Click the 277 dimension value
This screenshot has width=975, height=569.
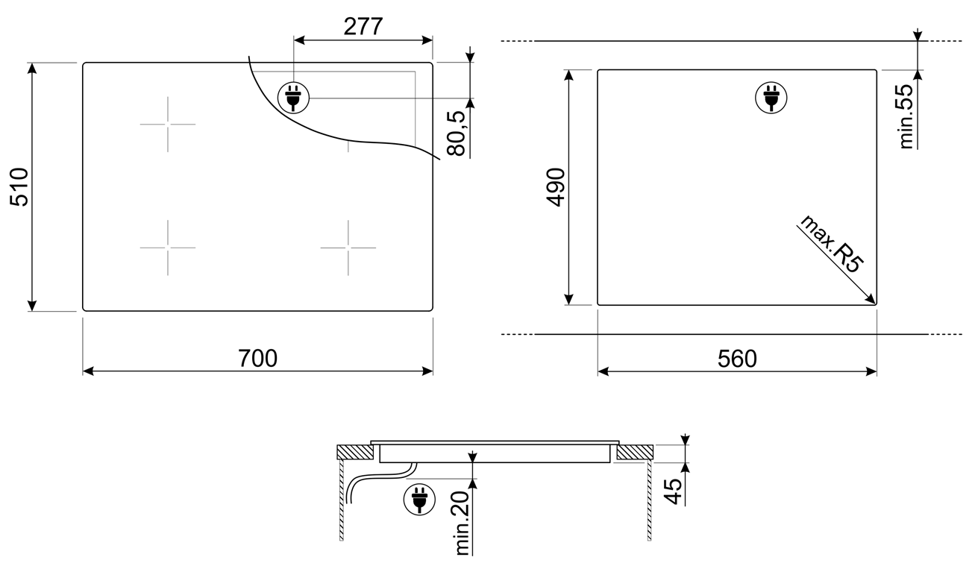(x=363, y=27)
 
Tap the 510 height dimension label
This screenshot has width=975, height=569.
(x=19, y=186)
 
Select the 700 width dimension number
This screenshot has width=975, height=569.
(x=257, y=359)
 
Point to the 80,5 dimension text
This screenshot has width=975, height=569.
(x=456, y=133)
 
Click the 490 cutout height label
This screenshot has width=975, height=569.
(x=556, y=187)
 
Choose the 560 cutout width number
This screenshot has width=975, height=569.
(x=737, y=359)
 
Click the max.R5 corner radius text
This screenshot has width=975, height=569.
(x=831, y=245)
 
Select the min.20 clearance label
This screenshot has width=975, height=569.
(x=463, y=523)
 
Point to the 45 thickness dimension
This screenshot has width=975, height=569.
(x=674, y=491)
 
